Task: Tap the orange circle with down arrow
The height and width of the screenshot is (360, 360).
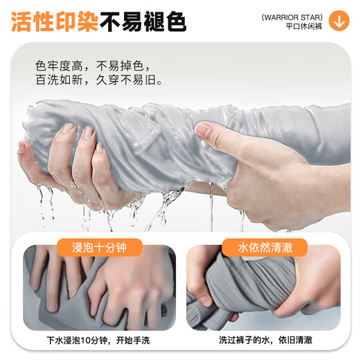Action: [x=339, y=20]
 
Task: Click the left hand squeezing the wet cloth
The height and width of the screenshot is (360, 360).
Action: [x=69, y=163]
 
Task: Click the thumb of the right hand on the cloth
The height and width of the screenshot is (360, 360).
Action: [x=205, y=130]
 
